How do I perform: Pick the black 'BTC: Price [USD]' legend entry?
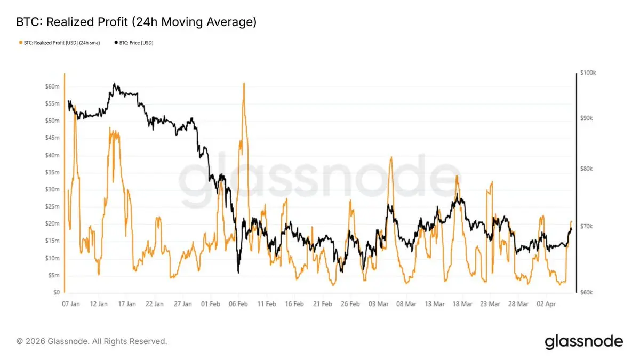click(x=134, y=42)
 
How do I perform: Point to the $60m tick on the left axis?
click(x=53, y=86)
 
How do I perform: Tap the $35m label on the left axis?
click(x=53, y=172)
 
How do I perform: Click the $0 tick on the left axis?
click(x=55, y=293)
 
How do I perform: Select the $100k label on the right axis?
click(x=588, y=73)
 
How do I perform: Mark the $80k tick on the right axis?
click(x=587, y=169)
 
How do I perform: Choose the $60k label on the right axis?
click(x=587, y=293)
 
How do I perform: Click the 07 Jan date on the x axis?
click(x=71, y=304)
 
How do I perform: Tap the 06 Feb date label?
click(x=238, y=304)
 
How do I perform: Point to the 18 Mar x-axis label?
click(x=462, y=304)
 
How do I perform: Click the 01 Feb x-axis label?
click(x=211, y=304)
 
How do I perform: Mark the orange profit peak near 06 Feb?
click(x=244, y=84)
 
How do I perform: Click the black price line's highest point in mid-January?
click(x=114, y=84)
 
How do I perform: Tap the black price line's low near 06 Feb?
click(x=238, y=273)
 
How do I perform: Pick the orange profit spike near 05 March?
click(x=391, y=157)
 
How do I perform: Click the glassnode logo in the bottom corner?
click(x=583, y=341)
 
